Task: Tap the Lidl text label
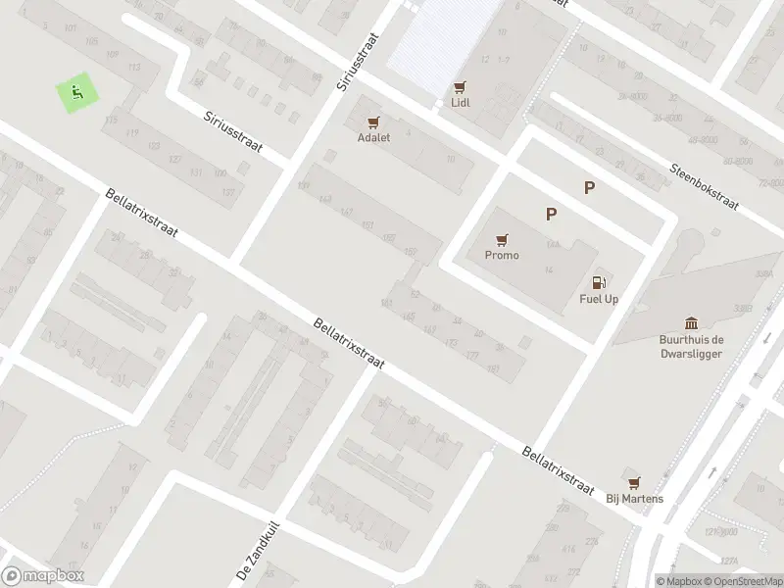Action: click(460, 103)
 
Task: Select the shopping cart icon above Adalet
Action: click(372, 122)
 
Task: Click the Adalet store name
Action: click(373, 138)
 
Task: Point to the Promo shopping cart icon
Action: click(502, 239)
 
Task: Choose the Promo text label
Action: click(502, 255)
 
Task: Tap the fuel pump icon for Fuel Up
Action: click(599, 283)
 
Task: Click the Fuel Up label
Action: click(599, 299)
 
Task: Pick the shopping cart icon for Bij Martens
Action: click(634, 482)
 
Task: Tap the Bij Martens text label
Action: click(634, 498)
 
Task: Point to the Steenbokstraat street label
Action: click(705, 184)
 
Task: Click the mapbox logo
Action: click(42, 576)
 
